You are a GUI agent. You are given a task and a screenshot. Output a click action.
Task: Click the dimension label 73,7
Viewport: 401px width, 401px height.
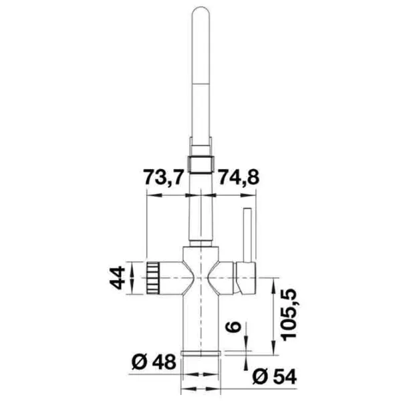point(163,177)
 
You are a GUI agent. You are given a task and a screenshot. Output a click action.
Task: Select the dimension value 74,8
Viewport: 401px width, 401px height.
point(239,177)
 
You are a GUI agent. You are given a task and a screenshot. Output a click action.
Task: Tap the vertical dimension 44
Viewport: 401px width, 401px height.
point(118,278)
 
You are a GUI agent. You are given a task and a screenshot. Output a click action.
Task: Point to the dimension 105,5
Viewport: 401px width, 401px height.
point(289,315)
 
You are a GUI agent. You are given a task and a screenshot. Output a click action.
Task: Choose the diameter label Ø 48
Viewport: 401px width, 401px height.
point(154,362)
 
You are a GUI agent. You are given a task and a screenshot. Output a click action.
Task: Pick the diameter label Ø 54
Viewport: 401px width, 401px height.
point(275,376)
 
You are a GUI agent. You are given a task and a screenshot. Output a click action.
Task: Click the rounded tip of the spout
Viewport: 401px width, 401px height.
point(200,10)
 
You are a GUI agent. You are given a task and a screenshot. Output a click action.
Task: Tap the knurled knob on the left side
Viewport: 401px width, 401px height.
point(152,278)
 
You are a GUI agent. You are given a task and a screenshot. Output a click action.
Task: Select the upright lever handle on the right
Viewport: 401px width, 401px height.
point(247,235)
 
